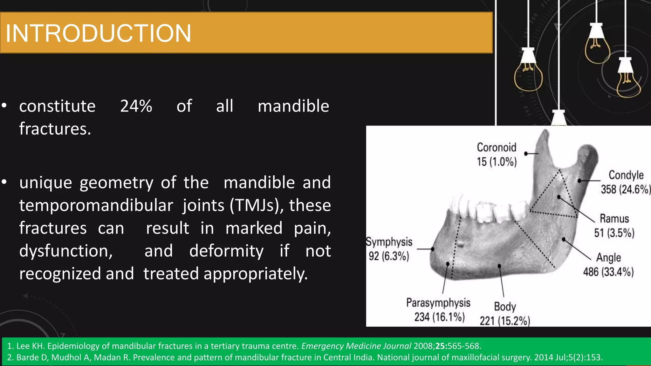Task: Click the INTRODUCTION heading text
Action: coord(99,33)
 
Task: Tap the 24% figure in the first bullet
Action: coord(136,106)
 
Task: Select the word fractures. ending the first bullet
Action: coord(55,129)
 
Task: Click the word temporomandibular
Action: coord(96,206)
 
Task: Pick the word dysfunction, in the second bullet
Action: coord(66,251)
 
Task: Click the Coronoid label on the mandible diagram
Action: coord(497,147)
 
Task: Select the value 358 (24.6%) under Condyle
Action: coord(625,189)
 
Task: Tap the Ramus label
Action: coord(614,219)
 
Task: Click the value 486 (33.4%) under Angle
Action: coord(608,272)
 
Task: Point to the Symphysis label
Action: coord(389,242)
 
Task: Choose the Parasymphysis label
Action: coord(438,303)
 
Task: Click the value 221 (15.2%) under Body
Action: coord(505,321)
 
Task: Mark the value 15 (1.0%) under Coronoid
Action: coord(497,162)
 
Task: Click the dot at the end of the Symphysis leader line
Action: coord(433,249)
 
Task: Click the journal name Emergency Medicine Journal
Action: coord(356,346)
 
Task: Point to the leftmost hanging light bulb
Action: coord(528,75)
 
